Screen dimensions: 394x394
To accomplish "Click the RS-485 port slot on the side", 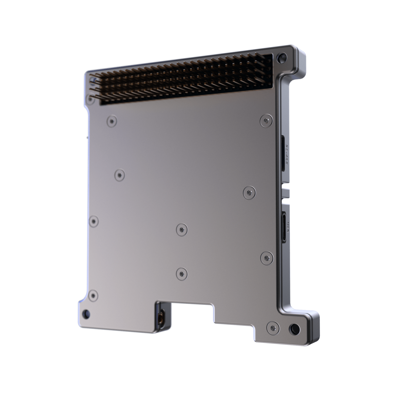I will click(x=283, y=153).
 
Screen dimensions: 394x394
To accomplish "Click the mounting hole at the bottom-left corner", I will click(x=86, y=313).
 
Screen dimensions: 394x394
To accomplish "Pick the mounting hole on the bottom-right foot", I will click(x=294, y=328).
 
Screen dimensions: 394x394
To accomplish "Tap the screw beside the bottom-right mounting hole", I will click(x=272, y=327).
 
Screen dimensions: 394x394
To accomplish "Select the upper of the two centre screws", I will click(x=182, y=229).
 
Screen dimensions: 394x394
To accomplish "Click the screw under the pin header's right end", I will click(x=266, y=121).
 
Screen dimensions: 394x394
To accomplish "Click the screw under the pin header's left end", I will click(x=112, y=121).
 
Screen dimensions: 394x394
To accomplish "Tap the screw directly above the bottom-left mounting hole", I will click(x=93, y=295).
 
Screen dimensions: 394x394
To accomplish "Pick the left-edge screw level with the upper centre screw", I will click(x=93, y=221).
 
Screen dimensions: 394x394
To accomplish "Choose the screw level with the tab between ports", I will click(x=249, y=192).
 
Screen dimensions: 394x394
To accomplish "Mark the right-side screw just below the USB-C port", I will click(x=267, y=258).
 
